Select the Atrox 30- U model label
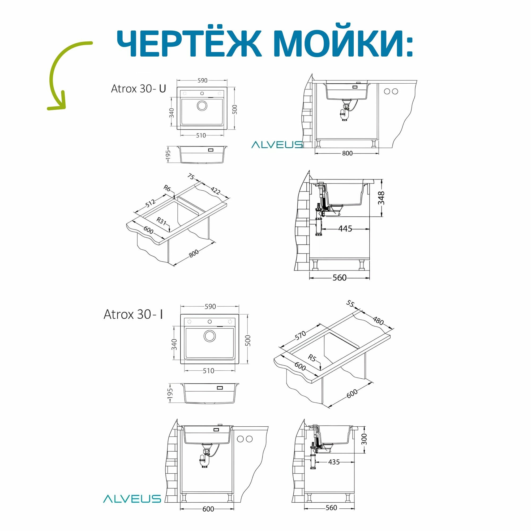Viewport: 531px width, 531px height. (139, 89)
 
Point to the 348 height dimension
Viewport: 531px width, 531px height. (381, 198)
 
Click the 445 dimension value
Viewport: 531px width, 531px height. (345, 228)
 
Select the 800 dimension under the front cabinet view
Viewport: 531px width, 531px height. (347, 153)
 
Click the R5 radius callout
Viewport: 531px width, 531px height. (312, 358)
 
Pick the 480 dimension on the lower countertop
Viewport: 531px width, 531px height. (378, 321)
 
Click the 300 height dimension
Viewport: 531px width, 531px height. (364, 439)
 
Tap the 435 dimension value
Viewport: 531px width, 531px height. (334, 462)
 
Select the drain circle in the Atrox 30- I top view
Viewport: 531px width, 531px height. (210, 336)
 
